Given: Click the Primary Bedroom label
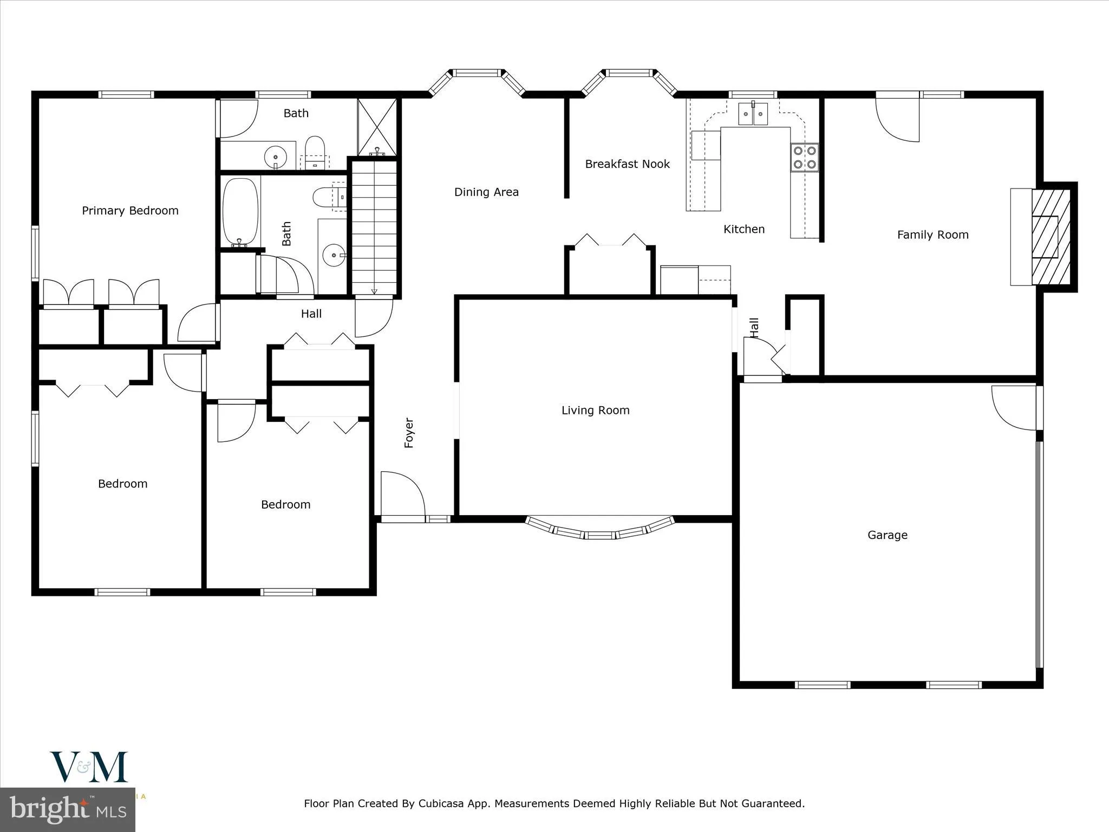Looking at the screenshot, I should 130,211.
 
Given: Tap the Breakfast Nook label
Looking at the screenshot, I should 627,164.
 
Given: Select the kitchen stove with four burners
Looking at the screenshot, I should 805,158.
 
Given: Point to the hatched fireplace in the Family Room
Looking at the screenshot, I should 1051,237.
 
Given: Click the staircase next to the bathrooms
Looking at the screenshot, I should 374,227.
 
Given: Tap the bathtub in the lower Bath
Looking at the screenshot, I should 241,212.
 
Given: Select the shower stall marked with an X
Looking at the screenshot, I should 377,127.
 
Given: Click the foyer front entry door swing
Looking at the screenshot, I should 402,494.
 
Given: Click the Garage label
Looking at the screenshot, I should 887,535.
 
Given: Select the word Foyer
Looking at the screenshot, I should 409,433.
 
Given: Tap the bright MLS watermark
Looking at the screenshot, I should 68,810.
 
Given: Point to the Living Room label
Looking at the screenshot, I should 595,411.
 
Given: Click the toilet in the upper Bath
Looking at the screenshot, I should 315,150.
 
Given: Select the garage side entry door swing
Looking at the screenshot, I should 1014,407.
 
